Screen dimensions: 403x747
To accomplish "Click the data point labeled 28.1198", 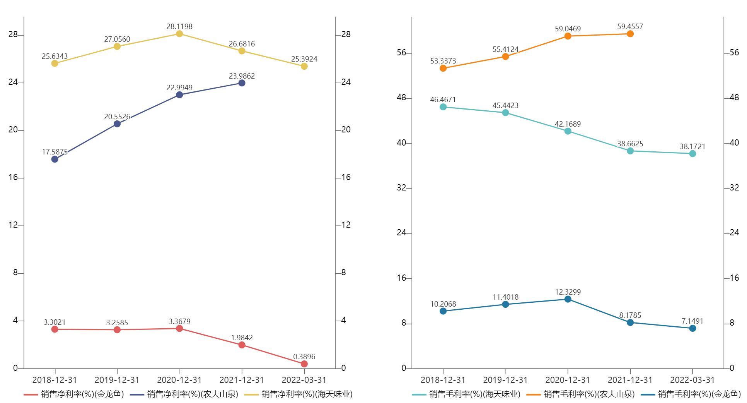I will point(179,34).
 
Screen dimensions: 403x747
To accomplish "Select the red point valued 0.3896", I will point(304,364).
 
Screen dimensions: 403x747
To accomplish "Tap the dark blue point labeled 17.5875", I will point(55,159).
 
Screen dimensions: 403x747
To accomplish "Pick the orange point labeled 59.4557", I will point(630,34).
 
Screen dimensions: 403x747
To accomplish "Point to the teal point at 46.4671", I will point(443,107).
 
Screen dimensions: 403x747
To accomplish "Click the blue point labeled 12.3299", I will point(568,299).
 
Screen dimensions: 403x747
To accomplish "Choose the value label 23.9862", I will point(242,76).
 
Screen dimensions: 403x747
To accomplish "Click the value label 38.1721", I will point(692,146).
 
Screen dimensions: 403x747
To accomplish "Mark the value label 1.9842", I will point(242,338).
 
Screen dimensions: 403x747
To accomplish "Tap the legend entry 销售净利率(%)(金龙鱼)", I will point(74,394).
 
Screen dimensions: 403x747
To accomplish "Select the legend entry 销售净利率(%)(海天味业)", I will point(298,394).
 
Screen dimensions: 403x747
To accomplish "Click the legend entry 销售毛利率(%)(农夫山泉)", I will point(581,394).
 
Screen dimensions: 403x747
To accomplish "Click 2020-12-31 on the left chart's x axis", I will point(179,380).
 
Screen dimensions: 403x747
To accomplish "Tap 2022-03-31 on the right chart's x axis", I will point(692,380).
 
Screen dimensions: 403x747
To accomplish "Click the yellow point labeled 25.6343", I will point(55,63).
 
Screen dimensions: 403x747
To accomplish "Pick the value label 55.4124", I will point(505,49).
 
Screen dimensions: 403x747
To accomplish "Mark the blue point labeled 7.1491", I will point(692,328).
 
